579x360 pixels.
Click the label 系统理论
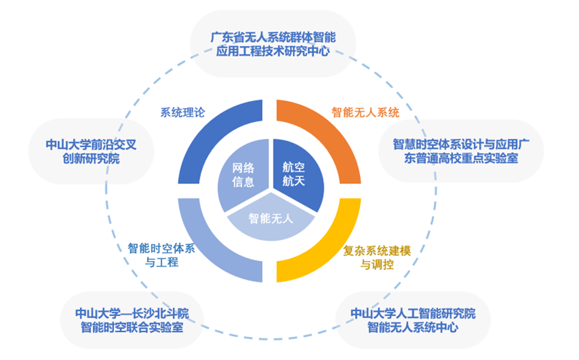click(x=182, y=113)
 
